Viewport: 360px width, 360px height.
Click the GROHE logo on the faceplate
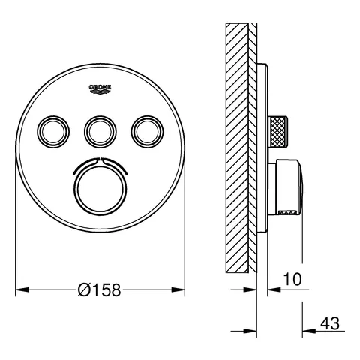pos(100,89)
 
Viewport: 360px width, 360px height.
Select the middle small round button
pos(100,132)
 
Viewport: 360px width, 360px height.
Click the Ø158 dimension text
pos(101,289)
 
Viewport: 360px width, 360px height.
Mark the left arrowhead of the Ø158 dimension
pos(21,289)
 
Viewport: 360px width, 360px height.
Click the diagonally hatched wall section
pos(238,150)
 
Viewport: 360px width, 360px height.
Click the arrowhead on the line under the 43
pos(307,330)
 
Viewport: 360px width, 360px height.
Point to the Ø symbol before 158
pos(85,289)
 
